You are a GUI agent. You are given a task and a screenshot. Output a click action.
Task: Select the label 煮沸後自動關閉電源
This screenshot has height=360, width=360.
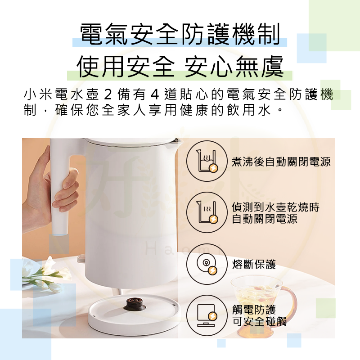pyautogui.click(x=281, y=162)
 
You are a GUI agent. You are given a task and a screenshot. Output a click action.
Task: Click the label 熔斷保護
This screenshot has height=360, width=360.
pyautogui.click(x=254, y=264)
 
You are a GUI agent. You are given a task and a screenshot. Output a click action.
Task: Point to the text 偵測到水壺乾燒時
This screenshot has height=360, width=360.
pyautogui.click(x=275, y=207)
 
